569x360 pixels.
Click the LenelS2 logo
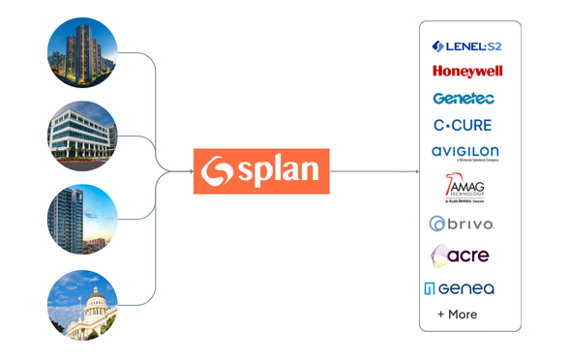[x=466, y=46]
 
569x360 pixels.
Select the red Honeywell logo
[x=467, y=72]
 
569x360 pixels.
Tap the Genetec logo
[x=464, y=99]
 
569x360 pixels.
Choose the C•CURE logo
[x=463, y=125]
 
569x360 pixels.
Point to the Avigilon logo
[x=465, y=153]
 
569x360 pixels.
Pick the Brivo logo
[x=462, y=224]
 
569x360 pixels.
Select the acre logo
[x=460, y=255]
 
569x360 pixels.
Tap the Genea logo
[x=459, y=288]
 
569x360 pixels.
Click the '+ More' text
[x=457, y=315]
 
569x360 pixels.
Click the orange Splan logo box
[x=261, y=171]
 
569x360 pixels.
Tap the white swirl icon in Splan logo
[x=217, y=171]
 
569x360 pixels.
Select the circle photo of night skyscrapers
[x=82, y=52]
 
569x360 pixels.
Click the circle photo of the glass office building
[x=82, y=135]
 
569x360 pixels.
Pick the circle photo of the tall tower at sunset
[x=82, y=220]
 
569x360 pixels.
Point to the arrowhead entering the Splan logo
[x=190, y=171]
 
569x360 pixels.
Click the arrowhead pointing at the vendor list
[x=415, y=171]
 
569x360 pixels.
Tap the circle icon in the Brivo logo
[x=437, y=224]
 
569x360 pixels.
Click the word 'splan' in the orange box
[x=278, y=171]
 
